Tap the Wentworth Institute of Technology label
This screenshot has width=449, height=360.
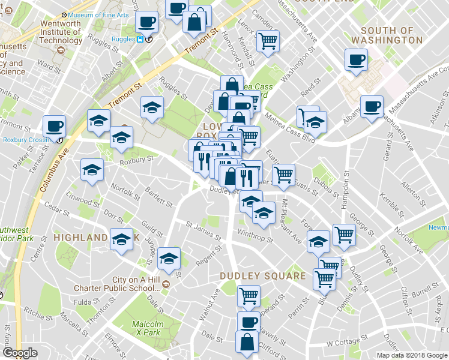point(60,32)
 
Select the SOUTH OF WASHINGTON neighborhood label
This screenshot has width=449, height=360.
point(387,35)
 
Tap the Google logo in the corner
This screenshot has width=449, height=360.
point(20,353)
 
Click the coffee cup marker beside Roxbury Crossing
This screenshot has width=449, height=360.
point(54,126)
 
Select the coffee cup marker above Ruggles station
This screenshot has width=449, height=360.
point(146,23)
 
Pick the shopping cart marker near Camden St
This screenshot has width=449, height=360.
point(267,40)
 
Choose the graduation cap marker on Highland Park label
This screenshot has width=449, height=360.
point(122,240)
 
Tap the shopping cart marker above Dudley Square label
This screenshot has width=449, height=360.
point(249,295)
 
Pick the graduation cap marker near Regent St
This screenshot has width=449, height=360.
point(169,259)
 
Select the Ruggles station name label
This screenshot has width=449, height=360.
point(122,40)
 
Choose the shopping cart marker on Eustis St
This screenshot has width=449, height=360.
point(283,175)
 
